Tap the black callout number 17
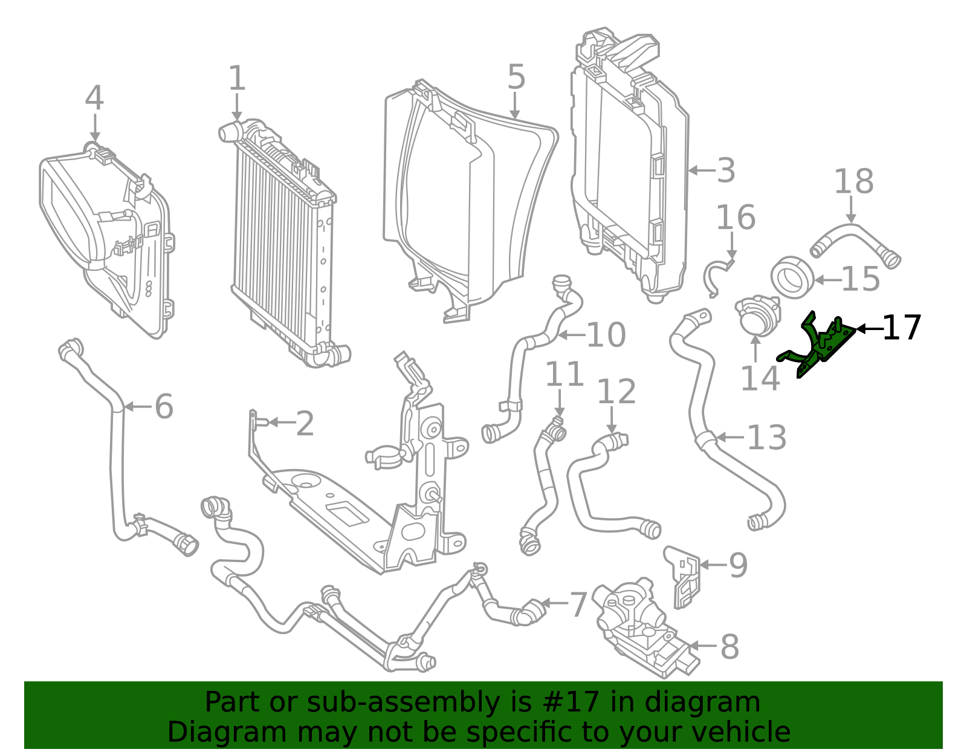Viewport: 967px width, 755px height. (901, 328)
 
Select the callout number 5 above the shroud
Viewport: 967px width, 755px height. (516, 77)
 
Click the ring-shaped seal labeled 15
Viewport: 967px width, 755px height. (792, 277)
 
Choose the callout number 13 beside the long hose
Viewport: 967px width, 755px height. (766, 438)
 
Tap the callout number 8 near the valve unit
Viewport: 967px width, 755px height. (729, 647)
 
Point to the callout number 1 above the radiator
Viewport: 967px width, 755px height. (237, 79)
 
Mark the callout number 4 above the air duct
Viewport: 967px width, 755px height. (94, 99)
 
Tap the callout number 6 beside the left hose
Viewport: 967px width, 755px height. (164, 407)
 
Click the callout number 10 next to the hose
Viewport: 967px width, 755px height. (606, 335)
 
